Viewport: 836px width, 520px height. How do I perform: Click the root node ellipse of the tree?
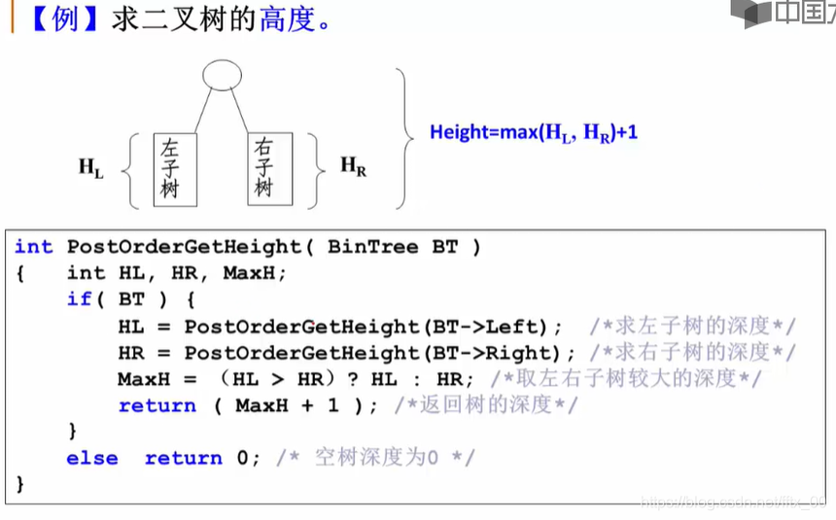pyautogui.click(x=221, y=74)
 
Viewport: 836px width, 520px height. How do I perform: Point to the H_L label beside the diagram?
pyautogui.click(x=91, y=167)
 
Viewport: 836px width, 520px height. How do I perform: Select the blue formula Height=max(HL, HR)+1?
pyautogui.click(x=534, y=132)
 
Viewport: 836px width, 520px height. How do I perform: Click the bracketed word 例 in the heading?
pyautogui.click(x=64, y=20)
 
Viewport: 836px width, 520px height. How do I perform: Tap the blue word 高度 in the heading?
pyautogui.click(x=287, y=20)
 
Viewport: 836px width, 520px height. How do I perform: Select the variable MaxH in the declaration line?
pyautogui.click(x=254, y=273)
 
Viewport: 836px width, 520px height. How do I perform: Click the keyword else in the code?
pyautogui.click(x=92, y=457)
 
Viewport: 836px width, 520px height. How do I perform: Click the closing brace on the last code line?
pyautogui.click(x=20, y=483)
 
